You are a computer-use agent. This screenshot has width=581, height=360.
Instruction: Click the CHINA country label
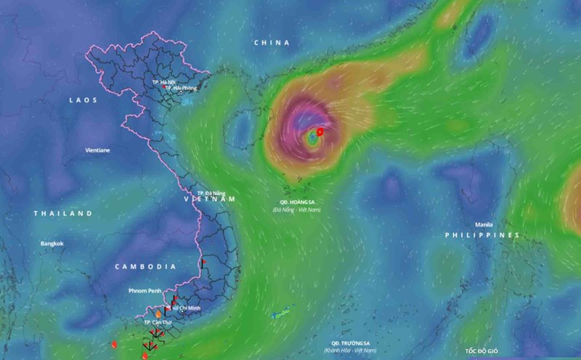[x=272, y=43]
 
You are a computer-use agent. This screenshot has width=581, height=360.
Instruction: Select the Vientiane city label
[x=97, y=150]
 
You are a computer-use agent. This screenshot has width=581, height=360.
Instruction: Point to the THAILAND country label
[x=63, y=213]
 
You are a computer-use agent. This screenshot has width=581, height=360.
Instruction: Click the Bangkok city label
[x=52, y=243]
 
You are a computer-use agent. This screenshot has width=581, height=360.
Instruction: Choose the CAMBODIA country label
[x=146, y=266]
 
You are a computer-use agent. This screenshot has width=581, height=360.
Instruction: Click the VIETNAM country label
[x=210, y=198]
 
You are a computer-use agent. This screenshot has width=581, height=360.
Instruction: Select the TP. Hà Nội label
[x=164, y=83]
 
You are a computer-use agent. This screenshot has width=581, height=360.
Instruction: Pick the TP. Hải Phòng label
[x=181, y=89]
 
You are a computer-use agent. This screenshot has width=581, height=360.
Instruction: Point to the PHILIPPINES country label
[x=482, y=235]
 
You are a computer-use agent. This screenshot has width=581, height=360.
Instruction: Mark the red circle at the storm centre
[x=320, y=131]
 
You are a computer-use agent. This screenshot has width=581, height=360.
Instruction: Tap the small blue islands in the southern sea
[x=279, y=315]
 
